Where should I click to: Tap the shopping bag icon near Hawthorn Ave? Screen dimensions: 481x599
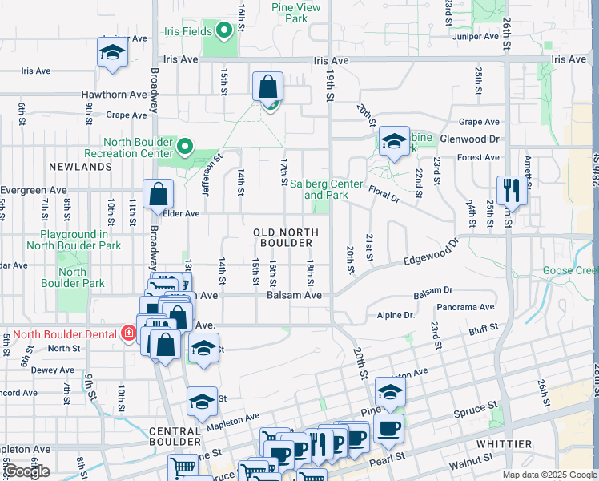pyautogui.click(x=268, y=87)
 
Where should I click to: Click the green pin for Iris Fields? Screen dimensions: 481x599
pyautogui.click(x=224, y=31)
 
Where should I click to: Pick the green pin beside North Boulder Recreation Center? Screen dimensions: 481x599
pyautogui.click(x=185, y=147)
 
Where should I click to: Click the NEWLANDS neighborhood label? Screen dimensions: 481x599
pyautogui.click(x=79, y=167)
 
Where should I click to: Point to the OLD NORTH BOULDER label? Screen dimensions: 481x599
pyautogui.click(x=286, y=237)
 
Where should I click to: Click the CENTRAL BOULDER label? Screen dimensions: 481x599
pyautogui.click(x=175, y=436)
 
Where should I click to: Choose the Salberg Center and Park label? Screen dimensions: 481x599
pyautogui.click(x=322, y=189)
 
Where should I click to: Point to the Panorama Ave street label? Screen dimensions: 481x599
pyautogui.click(x=466, y=307)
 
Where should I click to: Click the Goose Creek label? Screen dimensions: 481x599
pyautogui.click(x=570, y=271)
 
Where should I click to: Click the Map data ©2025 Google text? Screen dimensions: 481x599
pyautogui.click(x=548, y=475)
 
